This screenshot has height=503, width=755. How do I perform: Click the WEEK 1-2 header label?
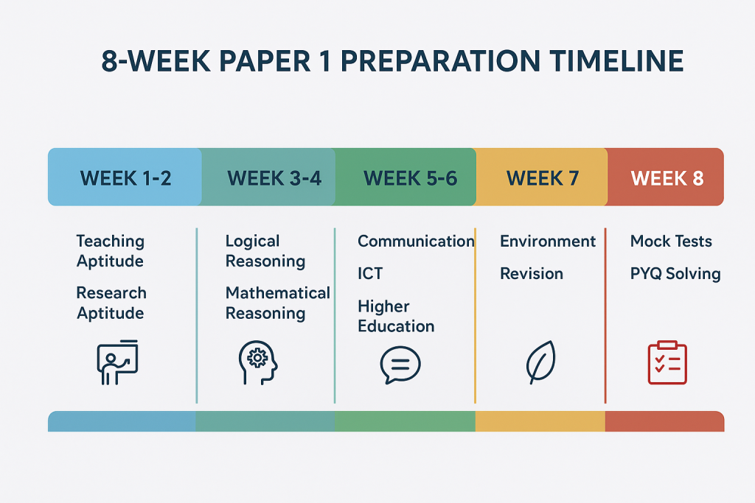point(125,178)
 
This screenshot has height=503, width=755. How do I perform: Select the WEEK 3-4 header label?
point(274,178)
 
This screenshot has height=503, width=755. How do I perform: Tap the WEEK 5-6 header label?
point(410,178)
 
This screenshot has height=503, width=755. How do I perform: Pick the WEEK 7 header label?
point(543,178)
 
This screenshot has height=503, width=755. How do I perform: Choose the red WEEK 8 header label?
point(667,178)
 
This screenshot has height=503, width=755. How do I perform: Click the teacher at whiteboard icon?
point(117,362)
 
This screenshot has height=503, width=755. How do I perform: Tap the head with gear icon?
point(258,362)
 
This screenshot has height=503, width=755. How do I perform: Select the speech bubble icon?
point(400,365)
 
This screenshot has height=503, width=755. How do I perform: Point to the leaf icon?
point(540,362)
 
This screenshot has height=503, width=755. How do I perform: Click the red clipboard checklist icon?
point(667,362)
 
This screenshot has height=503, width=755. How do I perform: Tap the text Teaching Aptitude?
point(111,251)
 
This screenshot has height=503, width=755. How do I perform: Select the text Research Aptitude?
point(111,303)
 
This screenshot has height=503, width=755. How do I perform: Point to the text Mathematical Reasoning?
point(278,303)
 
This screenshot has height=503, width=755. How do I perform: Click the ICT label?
point(370,274)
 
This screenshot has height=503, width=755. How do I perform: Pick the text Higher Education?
point(396,316)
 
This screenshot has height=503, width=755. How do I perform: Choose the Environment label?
point(548,241)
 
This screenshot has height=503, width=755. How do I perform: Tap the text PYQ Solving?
point(675,274)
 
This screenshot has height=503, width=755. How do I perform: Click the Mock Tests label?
point(671,241)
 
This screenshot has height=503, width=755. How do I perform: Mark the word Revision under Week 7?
point(532,274)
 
